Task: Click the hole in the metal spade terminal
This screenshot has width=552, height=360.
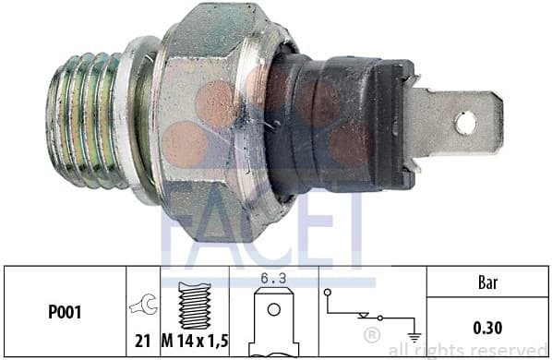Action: pos(465,121)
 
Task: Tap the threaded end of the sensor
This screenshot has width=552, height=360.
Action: pos(88,120)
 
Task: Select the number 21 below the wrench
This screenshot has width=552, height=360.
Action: pos(143,340)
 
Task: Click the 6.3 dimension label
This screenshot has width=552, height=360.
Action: pos(273,275)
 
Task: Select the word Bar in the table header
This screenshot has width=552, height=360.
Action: pos(487,282)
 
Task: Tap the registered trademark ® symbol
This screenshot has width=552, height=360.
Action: pos(371,332)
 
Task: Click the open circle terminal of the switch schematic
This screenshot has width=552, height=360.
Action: pos(329,294)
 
